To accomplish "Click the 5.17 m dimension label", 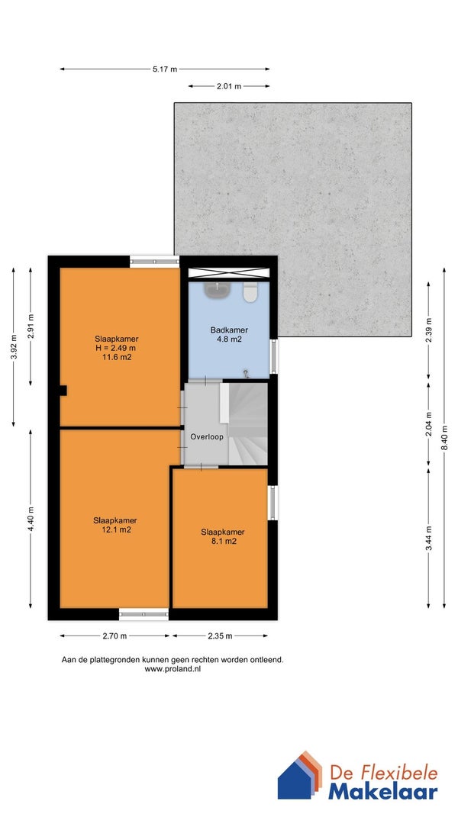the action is tap(165, 69).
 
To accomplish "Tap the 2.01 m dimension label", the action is tap(229, 86).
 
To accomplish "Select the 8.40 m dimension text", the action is tap(444, 439).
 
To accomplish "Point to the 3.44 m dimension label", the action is tap(428, 539).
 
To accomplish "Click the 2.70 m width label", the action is tap(114, 636).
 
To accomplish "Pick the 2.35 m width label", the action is tap(220, 636).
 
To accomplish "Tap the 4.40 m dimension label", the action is tap(30, 519).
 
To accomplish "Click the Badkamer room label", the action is tap(229, 330).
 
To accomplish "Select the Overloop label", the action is tap(207, 437).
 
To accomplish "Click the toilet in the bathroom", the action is tap(250, 291).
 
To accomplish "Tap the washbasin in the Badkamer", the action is tap(217, 290).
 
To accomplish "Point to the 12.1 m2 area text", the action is tap(114, 530).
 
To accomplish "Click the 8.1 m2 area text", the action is tap(222, 542).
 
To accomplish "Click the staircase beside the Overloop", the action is tap(247, 423).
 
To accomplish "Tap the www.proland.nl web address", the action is tap(173, 669).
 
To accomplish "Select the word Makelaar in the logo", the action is tap(382, 792).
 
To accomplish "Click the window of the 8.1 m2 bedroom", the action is tap(273, 503).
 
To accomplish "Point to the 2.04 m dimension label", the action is tap(428, 424).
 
